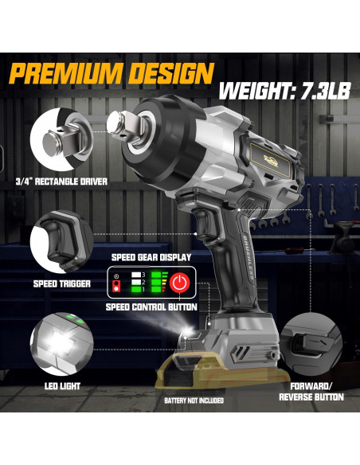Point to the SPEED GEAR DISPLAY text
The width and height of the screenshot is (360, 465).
pos(151,256)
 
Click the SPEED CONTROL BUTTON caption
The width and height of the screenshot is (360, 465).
pos(151,307)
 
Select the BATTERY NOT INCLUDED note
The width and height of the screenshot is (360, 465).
pos(194,400)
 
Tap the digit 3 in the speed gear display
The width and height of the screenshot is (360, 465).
pos(142,273)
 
